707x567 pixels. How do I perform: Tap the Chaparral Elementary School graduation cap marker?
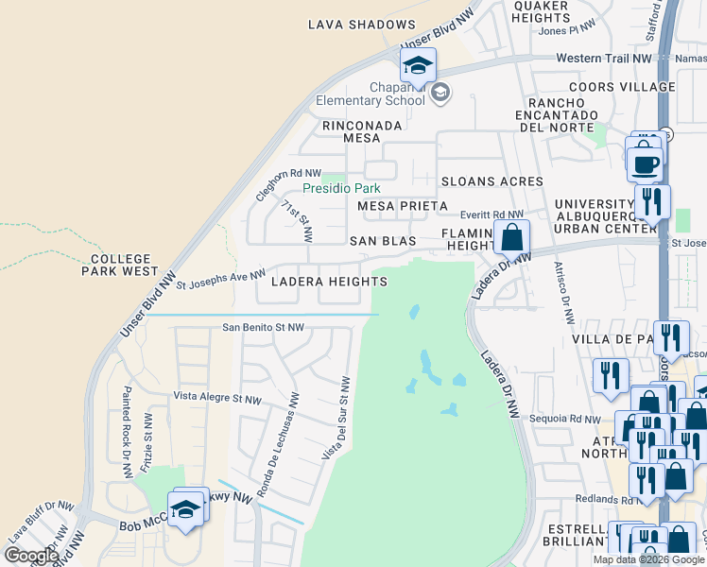point(417,66)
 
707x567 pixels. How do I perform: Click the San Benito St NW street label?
point(263,328)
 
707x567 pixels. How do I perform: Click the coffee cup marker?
point(645,163)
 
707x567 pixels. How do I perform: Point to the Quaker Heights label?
point(540,11)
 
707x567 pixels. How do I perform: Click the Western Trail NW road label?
point(604,58)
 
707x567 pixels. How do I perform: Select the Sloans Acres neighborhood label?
point(491,180)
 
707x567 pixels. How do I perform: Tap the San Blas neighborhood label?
point(383,241)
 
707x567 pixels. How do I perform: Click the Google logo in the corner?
point(30,556)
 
